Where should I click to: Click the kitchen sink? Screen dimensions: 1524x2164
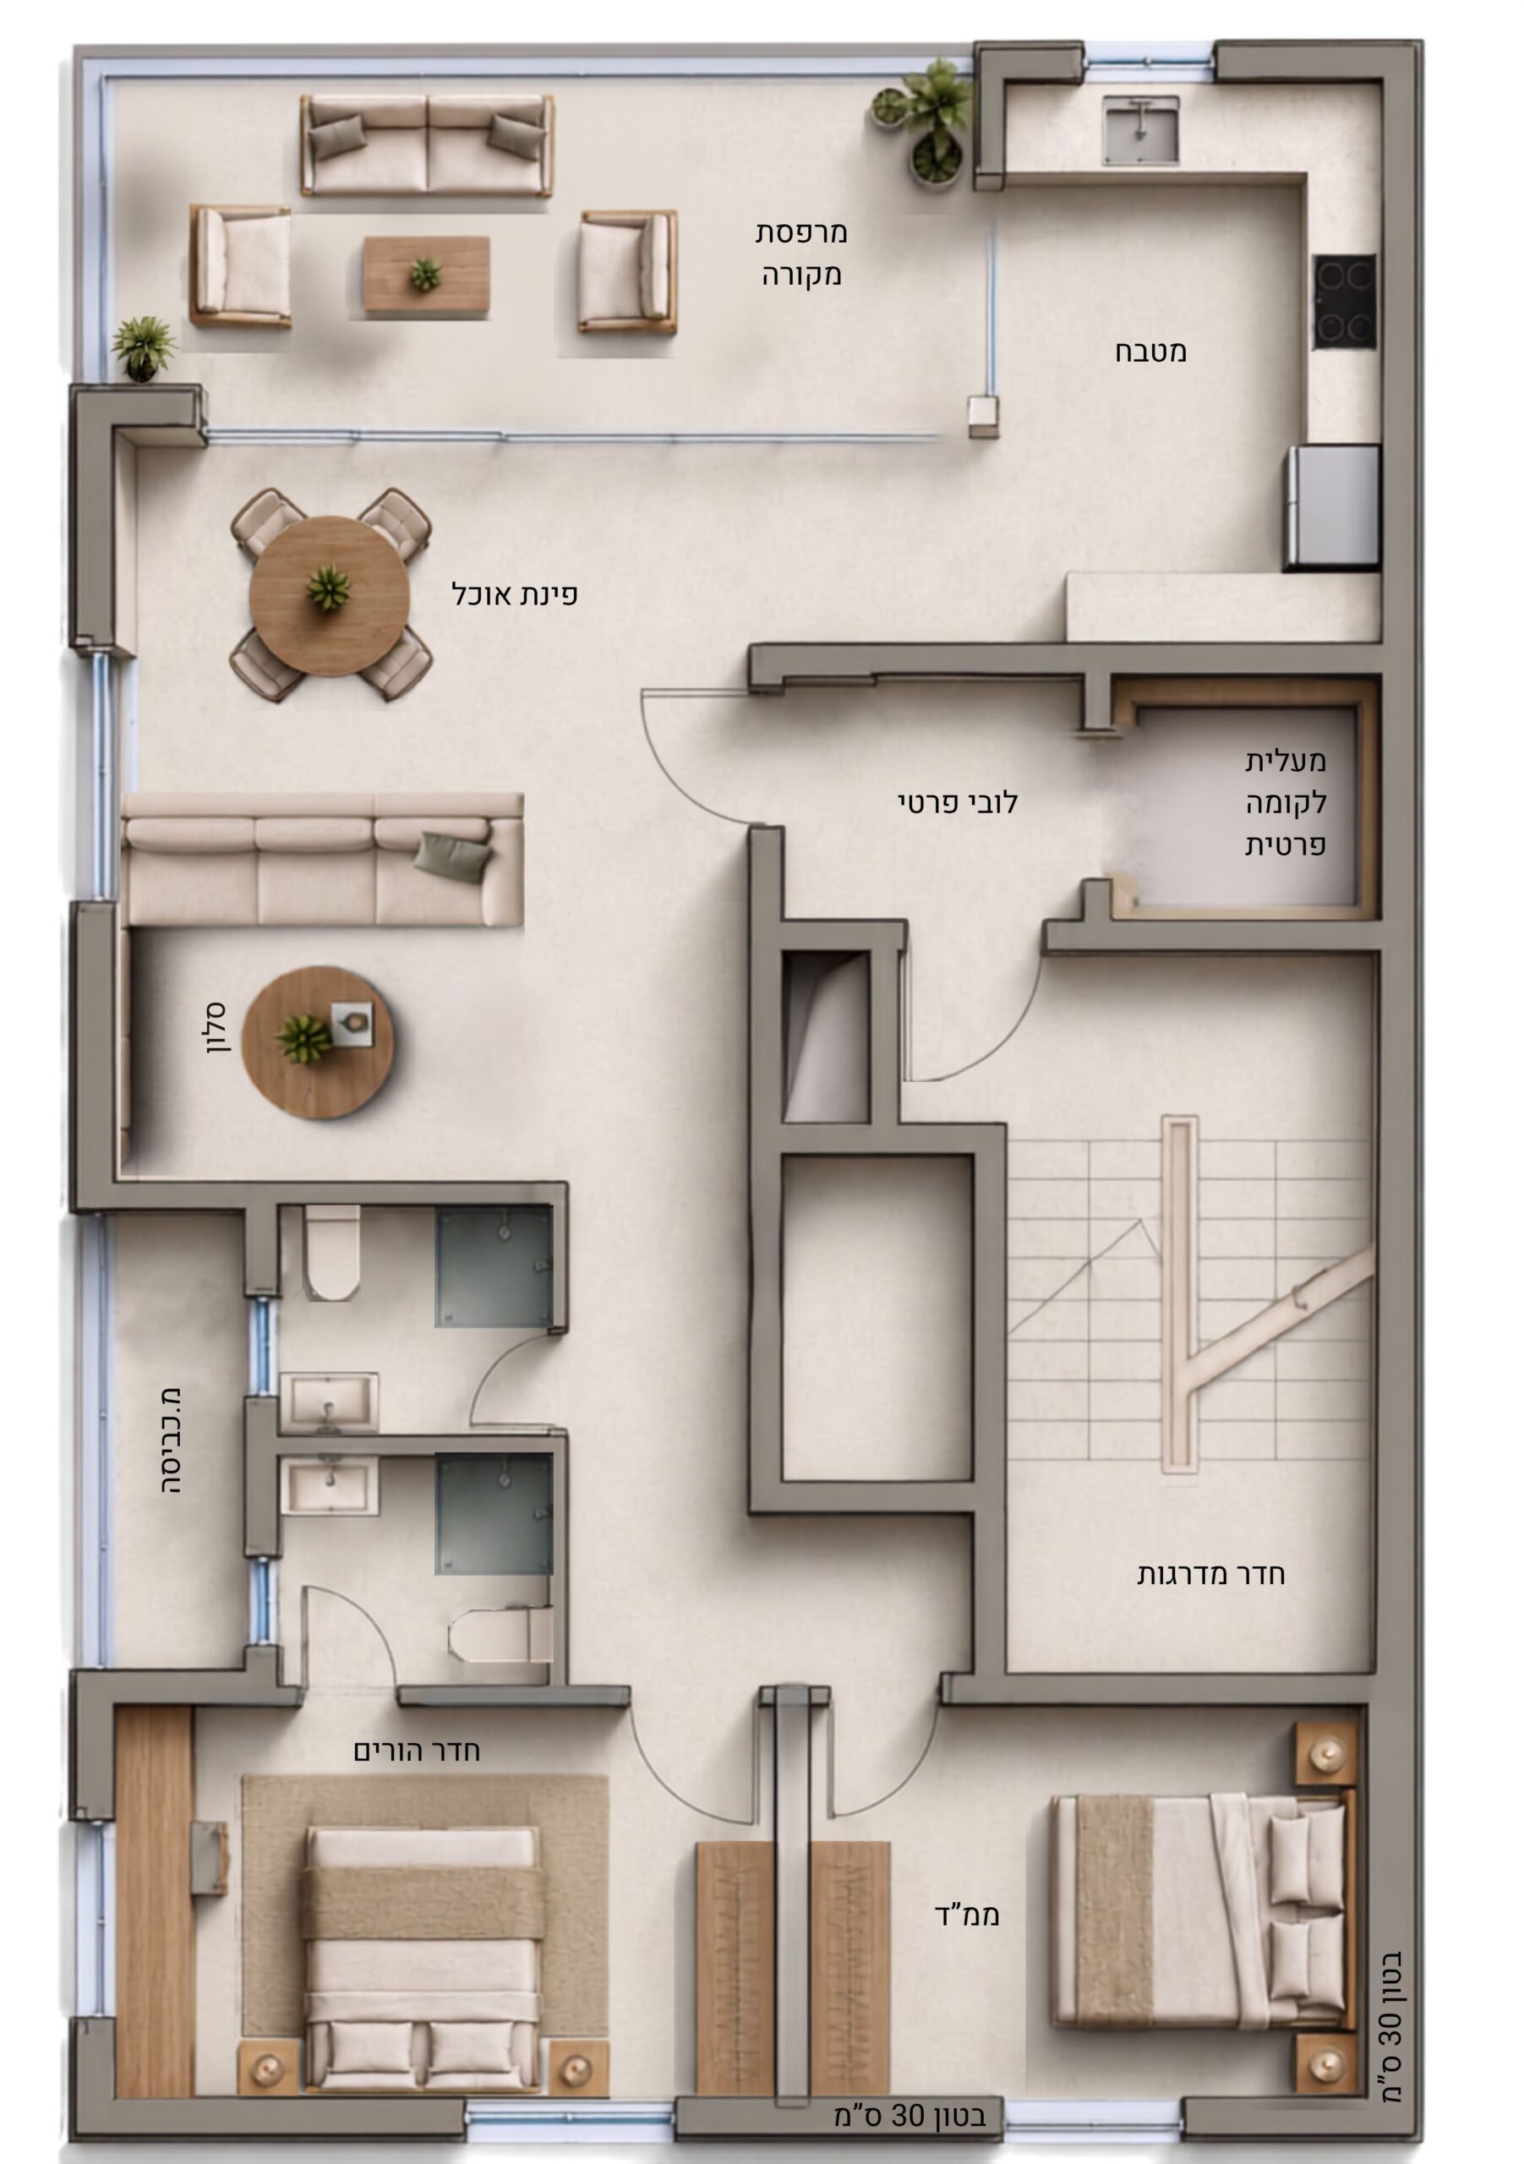(1140, 130)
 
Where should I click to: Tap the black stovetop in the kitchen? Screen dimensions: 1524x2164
(1344, 301)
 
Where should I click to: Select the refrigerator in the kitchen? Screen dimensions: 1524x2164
(1333, 507)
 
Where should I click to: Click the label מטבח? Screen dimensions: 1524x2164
(1150, 352)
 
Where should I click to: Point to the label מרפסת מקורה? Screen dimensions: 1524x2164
(801, 254)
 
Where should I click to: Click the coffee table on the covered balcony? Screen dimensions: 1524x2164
(427, 273)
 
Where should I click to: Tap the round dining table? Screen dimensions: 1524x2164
(329, 595)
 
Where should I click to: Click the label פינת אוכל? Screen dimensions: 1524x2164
(515, 595)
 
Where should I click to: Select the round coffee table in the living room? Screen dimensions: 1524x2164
(318, 1041)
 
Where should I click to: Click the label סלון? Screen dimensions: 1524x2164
(216, 1028)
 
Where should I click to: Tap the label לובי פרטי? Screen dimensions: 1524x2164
(957, 803)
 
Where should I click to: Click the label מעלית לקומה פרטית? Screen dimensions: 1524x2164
(1285, 803)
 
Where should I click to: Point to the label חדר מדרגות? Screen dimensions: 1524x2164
(1210, 1575)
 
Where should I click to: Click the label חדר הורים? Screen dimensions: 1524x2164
(417, 1751)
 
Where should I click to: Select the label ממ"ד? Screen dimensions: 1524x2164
(966, 1915)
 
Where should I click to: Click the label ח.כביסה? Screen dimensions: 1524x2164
(171, 1441)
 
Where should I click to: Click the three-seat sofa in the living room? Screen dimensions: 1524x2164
(322, 860)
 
